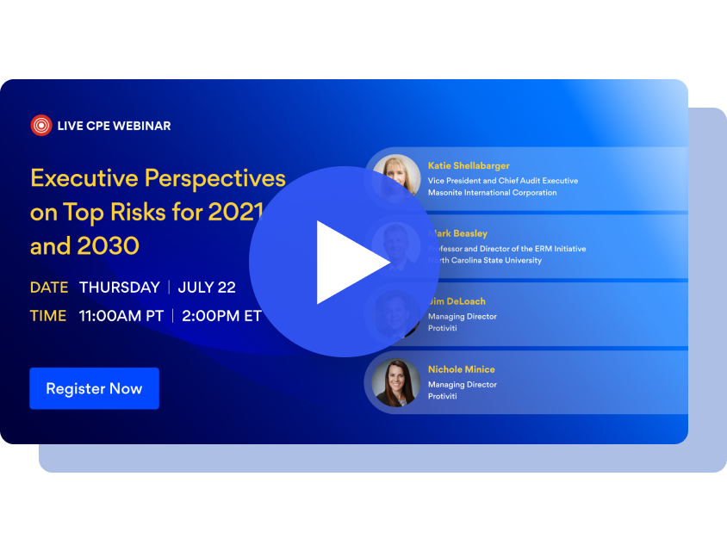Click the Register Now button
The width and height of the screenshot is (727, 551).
[x=94, y=388]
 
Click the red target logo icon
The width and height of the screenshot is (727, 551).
[x=41, y=126]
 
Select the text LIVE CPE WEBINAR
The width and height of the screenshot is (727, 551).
[x=114, y=126]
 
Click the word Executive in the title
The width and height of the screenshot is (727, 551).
[x=84, y=178]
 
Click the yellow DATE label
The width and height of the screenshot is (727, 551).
[x=48, y=288]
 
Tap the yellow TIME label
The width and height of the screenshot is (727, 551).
[x=48, y=316]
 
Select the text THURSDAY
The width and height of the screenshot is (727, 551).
[x=120, y=288]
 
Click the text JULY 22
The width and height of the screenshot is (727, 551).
[x=207, y=288]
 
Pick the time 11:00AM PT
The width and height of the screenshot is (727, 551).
[x=121, y=316]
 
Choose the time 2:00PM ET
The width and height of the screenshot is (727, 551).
[x=222, y=316]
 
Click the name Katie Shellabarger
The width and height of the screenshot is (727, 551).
[x=469, y=165]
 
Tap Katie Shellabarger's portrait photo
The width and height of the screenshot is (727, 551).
[x=397, y=178]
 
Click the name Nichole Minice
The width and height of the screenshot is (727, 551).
[x=462, y=369]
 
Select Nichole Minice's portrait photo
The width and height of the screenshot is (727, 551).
[x=397, y=382]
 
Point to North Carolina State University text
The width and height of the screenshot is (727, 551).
[x=488, y=260]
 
